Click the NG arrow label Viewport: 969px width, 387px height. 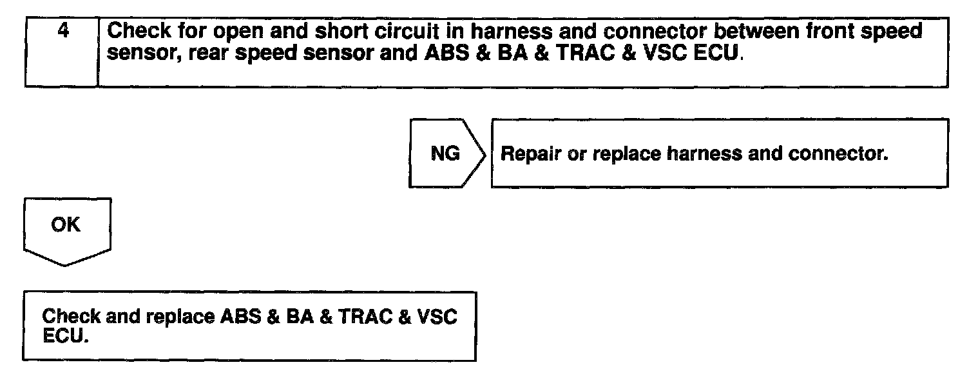pos(445,154)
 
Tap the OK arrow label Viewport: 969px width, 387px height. pos(66,225)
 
